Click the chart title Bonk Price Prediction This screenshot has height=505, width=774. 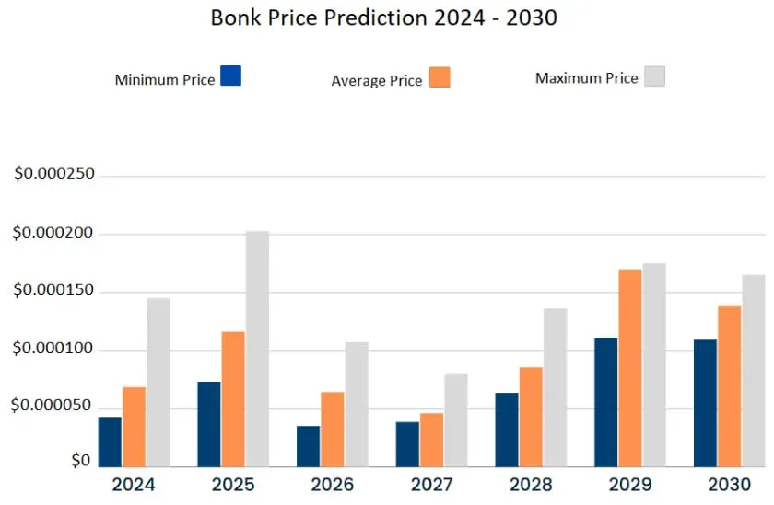[x=383, y=18]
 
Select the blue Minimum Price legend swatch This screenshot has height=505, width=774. [x=231, y=76]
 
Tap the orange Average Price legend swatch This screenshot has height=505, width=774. [x=440, y=77]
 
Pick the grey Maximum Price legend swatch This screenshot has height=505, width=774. [x=654, y=76]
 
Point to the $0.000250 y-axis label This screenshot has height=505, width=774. [x=54, y=175]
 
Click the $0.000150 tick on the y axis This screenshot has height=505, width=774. [x=54, y=292]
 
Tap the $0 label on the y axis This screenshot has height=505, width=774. [x=81, y=460]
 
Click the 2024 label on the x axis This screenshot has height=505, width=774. [x=134, y=485]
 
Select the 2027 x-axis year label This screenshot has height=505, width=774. [x=430, y=485]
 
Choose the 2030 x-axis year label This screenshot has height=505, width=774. [x=728, y=485]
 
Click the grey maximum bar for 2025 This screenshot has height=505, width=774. [x=257, y=349]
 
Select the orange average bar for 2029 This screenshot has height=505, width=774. [x=630, y=369]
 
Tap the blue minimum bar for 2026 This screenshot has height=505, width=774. [x=308, y=446]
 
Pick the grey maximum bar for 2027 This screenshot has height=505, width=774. [x=456, y=420]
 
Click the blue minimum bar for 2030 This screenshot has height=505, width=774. [x=705, y=404]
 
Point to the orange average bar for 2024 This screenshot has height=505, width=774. [x=134, y=427]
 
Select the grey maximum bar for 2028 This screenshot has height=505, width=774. [x=555, y=387]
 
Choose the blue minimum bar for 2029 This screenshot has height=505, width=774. [x=605, y=403]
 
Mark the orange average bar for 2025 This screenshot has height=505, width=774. [x=233, y=399]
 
